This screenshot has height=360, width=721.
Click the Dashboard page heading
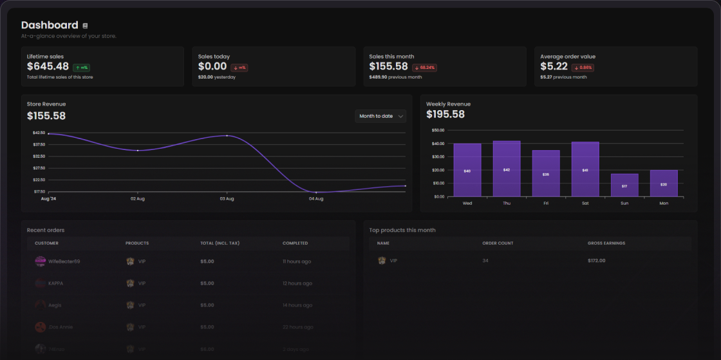(x=50, y=25)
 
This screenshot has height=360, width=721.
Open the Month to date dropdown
(x=380, y=116)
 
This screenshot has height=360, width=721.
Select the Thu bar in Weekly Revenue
(x=507, y=169)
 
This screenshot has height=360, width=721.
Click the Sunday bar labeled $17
(x=624, y=185)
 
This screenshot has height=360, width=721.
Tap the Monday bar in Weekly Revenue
(x=663, y=184)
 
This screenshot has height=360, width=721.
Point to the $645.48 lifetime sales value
(x=48, y=66)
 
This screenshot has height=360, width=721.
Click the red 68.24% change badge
(x=424, y=67)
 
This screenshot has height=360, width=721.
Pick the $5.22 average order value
(x=554, y=66)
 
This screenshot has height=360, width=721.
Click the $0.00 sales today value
(x=212, y=66)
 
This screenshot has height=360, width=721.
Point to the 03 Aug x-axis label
(x=227, y=199)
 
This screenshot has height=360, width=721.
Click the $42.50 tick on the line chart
(x=39, y=133)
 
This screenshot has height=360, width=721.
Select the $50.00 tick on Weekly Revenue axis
(x=438, y=130)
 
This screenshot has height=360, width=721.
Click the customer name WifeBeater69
(x=64, y=261)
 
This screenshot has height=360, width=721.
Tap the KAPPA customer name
(x=56, y=283)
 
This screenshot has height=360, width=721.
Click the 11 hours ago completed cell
(x=297, y=261)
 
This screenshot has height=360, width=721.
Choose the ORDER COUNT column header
(x=498, y=243)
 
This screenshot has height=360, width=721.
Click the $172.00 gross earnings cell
(x=597, y=260)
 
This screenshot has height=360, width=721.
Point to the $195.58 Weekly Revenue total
(x=445, y=115)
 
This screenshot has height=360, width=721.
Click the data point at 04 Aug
(x=316, y=192)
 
